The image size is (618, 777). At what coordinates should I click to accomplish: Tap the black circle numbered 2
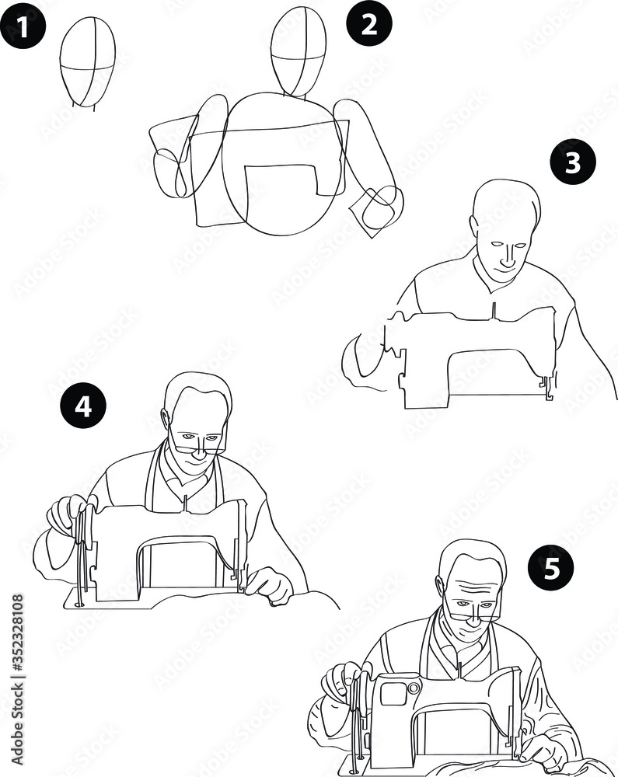pyautogui.click(x=368, y=24)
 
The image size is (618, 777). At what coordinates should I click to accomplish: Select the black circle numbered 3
pyautogui.click(x=572, y=164)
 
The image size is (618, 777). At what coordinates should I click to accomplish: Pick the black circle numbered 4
pyautogui.click(x=83, y=408)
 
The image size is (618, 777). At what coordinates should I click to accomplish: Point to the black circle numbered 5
pyautogui.click(x=551, y=570)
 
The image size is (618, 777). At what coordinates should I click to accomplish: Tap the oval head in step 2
pyautogui.click(x=299, y=51)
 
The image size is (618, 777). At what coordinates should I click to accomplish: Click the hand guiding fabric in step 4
pyautogui.click(x=268, y=584)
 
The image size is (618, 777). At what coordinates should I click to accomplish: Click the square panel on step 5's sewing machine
pyautogui.click(x=393, y=694)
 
